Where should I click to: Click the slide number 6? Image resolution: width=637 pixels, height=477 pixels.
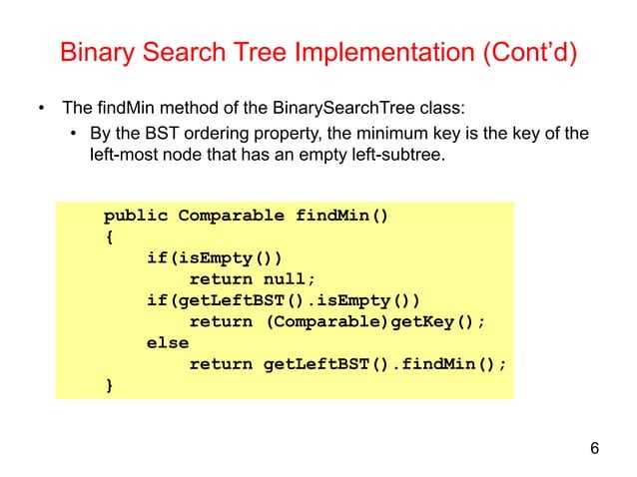[x=595, y=447]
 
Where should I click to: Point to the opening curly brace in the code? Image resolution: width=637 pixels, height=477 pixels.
[x=109, y=238]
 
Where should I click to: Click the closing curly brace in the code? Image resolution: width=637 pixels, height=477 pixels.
[x=109, y=385]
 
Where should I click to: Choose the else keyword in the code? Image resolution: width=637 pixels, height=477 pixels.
[x=168, y=343]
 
